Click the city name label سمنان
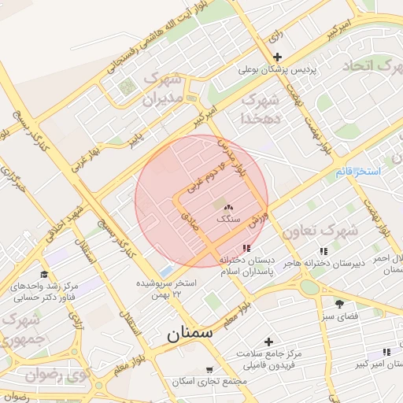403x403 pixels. [x=190, y=333]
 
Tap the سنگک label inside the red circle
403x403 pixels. [x=229, y=216]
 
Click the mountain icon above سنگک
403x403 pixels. [x=229, y=205]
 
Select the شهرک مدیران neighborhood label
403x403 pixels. [x=162, y=89]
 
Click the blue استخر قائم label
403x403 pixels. [x=357, y=171]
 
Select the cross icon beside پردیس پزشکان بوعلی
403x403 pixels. [x=277, y=57]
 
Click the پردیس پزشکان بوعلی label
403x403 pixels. [x=278, y=69]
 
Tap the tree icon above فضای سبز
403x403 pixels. [x=340, y=303]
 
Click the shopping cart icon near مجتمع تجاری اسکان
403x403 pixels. [x=209, y=369]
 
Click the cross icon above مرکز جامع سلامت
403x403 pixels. [x=269, y=342]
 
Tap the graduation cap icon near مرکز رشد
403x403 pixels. [x=44, y=274]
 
